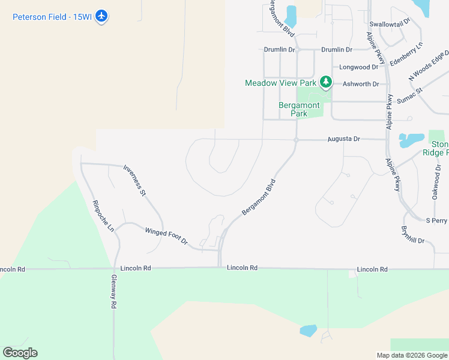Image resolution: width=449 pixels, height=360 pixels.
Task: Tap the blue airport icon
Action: point(102,16)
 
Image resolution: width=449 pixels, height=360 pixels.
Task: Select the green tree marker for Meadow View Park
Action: point(325,82)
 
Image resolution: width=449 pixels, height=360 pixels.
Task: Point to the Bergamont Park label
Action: point(294,109)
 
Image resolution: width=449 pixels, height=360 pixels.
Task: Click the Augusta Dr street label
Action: point(343,139)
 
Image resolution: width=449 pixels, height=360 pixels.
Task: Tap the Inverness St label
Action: point(134,181)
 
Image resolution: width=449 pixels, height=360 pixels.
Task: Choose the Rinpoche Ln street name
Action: point(103,215)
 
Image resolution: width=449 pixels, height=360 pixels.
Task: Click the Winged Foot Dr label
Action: point(166,235)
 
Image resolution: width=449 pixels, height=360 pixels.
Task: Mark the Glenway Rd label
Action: point(113,291)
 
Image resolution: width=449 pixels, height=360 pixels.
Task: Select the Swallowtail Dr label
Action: point(390,22)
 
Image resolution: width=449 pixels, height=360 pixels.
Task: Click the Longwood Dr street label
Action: point(359,67)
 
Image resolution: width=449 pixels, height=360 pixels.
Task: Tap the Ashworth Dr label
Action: point(361,84)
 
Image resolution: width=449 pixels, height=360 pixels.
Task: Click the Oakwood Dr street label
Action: point(436,182)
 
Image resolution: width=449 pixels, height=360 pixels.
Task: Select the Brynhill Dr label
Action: point(412,235)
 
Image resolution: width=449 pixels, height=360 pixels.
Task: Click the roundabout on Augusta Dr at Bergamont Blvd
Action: point(296,140)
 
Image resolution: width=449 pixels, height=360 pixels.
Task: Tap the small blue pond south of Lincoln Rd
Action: point(308,331)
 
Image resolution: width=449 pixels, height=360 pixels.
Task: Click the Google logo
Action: point(20,353)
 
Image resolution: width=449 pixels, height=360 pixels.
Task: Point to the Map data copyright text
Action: point(411,355)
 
